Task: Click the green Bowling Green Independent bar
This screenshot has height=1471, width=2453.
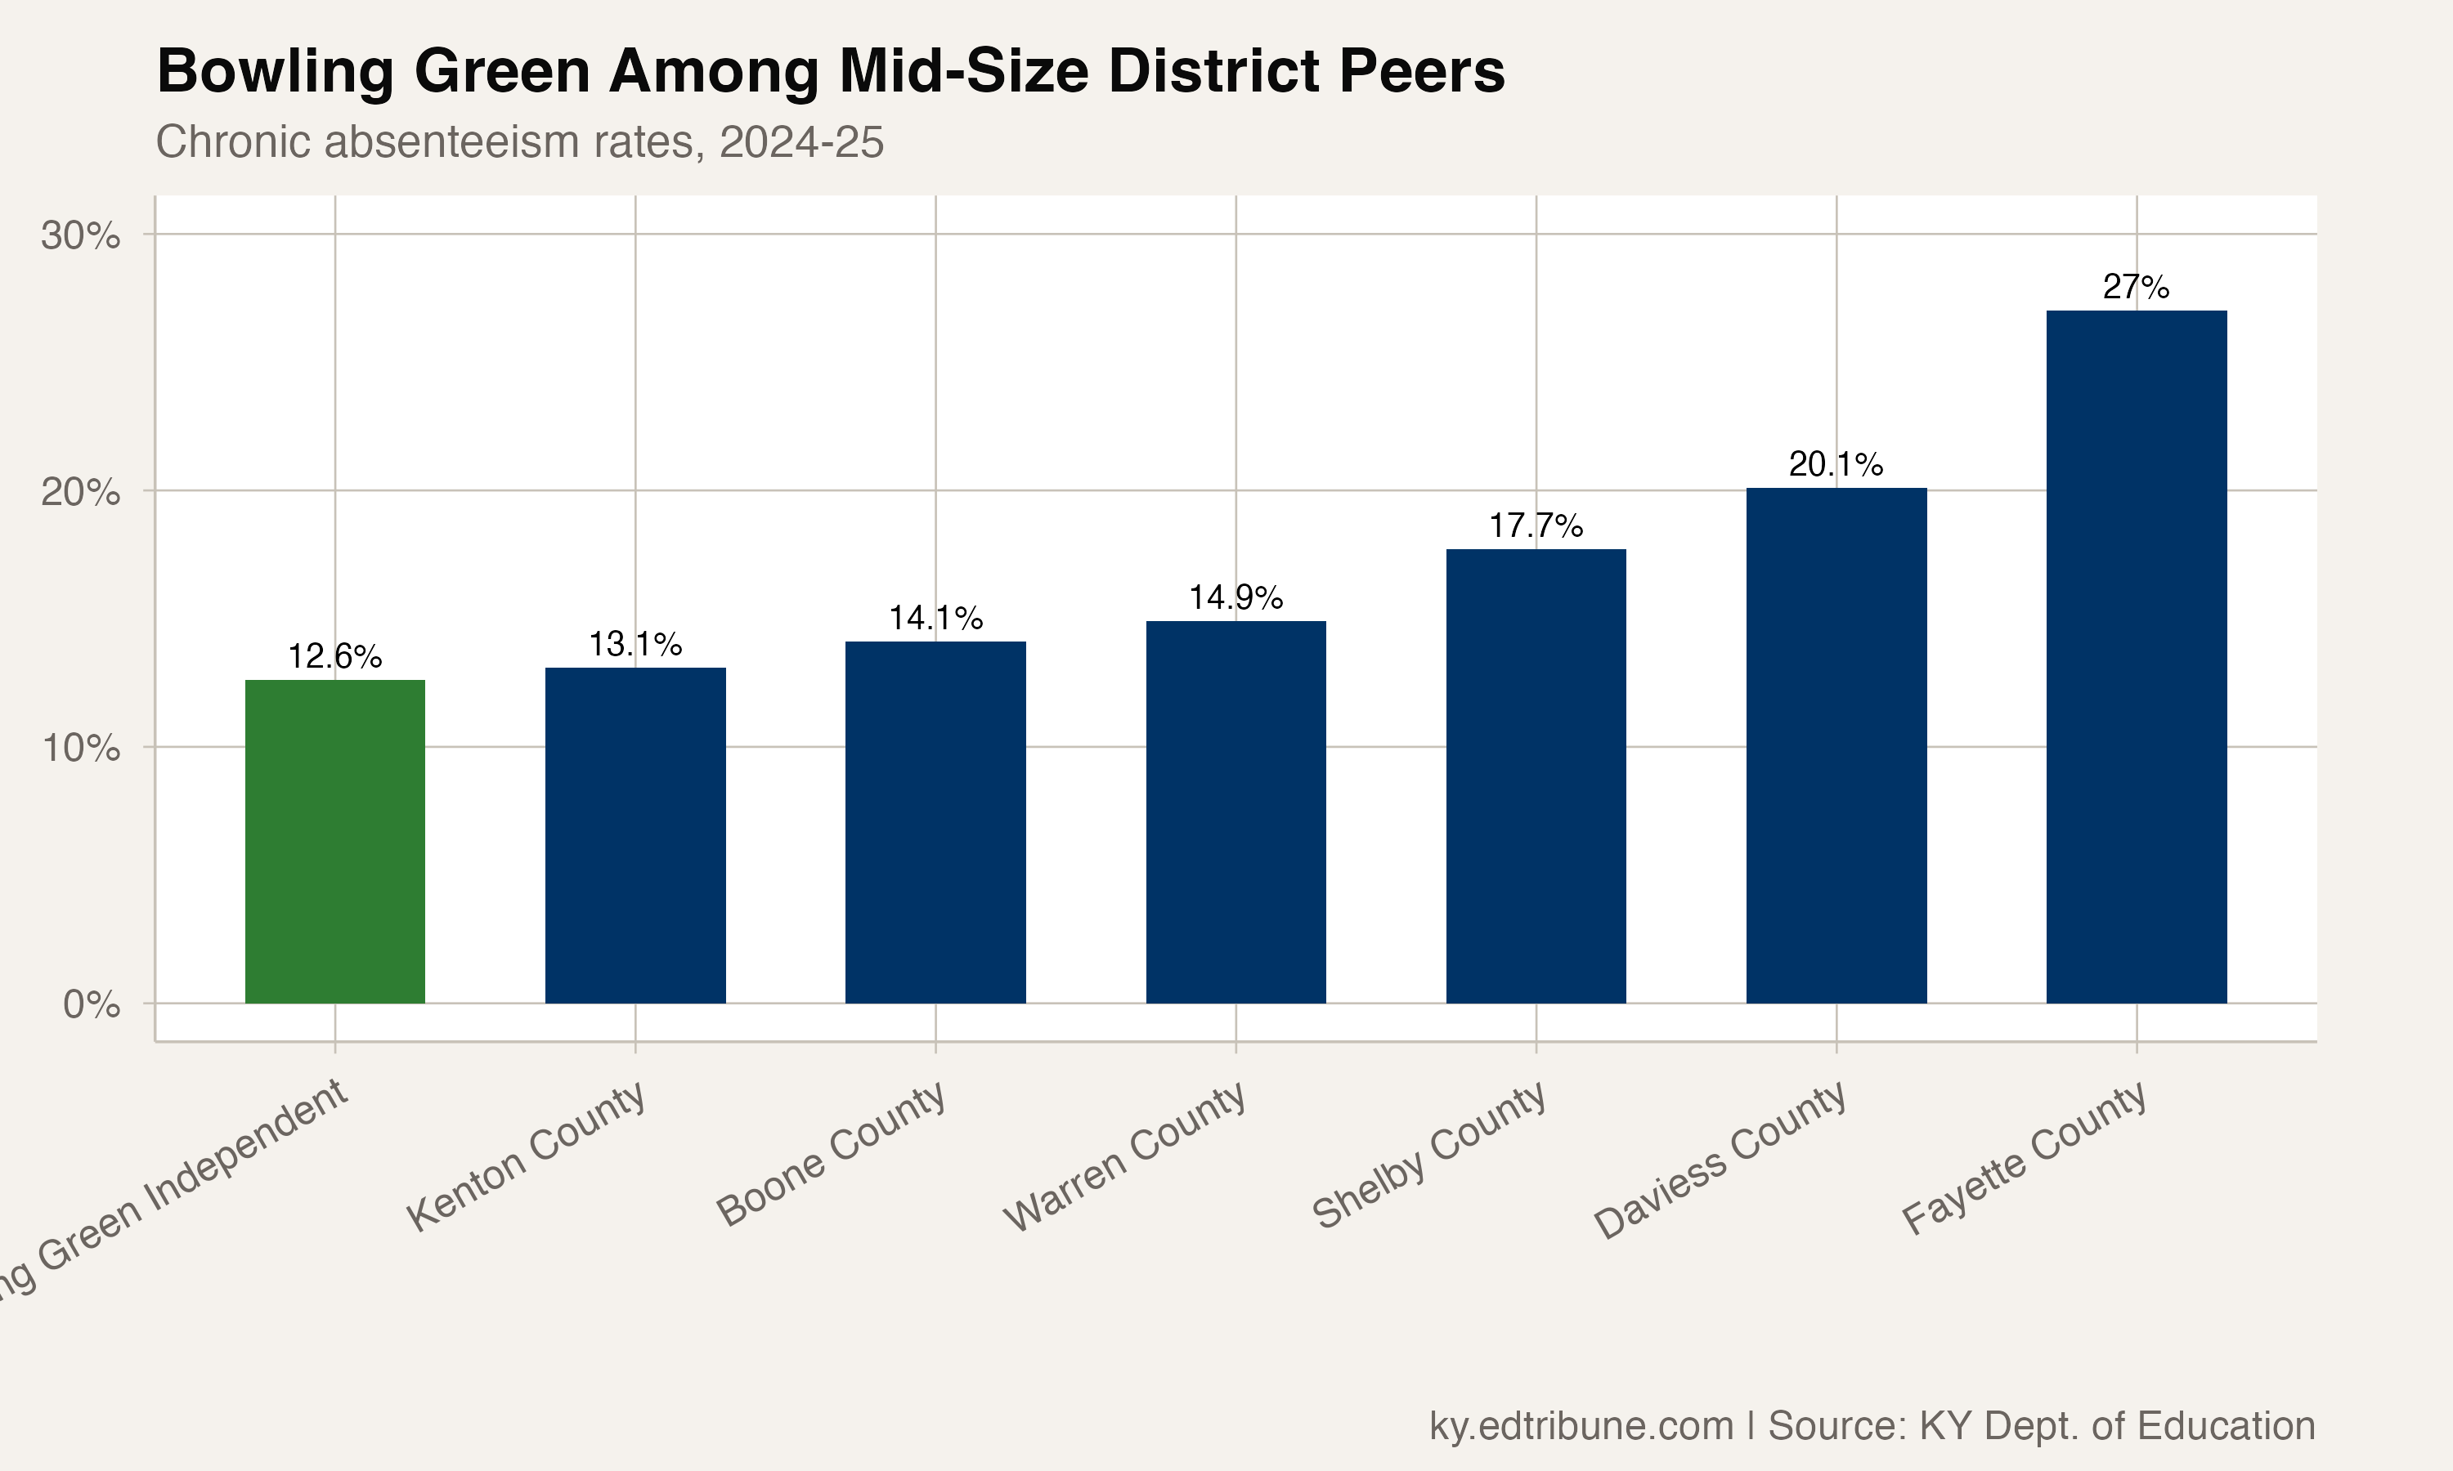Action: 335,842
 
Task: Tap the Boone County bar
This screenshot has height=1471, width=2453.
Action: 935,823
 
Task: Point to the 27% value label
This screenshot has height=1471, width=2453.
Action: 2136,288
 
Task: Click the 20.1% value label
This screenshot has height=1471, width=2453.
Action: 1836,465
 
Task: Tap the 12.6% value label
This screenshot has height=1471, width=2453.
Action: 335,657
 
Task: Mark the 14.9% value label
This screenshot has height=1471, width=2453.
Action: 1235,597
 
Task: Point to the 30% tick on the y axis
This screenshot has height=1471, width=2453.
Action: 80,236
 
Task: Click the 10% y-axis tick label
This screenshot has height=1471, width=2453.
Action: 80,749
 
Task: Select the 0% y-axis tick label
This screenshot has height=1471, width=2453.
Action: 92,1005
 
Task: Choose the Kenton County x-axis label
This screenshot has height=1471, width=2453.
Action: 527,1156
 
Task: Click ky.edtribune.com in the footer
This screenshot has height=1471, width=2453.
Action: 1581,1425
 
